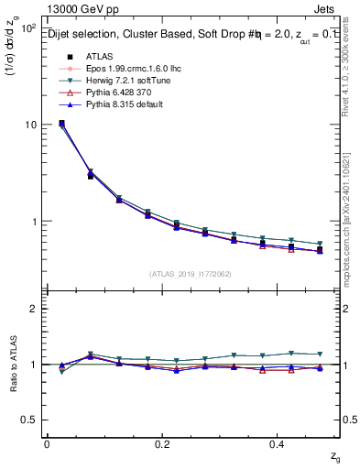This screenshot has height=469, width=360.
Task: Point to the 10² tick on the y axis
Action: [x=27, y=28]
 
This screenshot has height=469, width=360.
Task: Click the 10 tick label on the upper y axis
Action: [x=30, y=125]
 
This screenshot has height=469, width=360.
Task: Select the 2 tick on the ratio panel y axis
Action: [x=33, y=309]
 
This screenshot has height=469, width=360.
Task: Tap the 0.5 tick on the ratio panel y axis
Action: [x=28, y=420]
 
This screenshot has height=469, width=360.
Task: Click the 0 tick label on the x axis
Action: [x=47, y=443]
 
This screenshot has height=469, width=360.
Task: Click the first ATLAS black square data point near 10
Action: [x=61, y=124]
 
